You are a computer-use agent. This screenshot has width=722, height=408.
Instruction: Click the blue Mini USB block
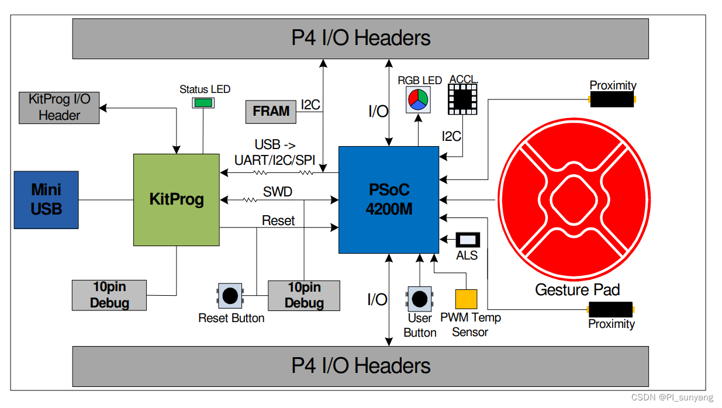tap(46, 199)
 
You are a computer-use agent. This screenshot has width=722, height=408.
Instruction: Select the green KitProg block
tap(177, 200)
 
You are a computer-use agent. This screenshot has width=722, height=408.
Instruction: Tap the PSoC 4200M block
tap(389, 199)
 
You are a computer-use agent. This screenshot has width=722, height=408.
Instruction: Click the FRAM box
tap(271, 111)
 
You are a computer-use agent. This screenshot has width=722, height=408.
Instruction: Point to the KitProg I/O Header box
tap(59, 107)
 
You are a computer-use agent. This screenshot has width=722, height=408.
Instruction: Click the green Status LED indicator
tap(203, 103)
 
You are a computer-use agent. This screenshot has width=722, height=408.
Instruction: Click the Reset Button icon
tap(230, 296)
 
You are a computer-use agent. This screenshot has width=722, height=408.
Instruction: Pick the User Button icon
tap(420, 299)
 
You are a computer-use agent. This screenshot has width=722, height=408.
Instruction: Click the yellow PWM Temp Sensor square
tap(466, 299)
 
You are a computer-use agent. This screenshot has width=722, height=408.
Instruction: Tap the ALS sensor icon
tap(467, 240)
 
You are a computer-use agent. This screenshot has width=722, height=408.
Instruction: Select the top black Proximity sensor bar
tap(612, 99)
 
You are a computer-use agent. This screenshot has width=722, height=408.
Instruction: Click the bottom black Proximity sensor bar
tap(612, 309)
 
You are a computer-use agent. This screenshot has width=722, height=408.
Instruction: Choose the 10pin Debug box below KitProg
tap(109, 295)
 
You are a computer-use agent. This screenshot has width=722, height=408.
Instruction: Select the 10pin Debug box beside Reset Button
tap(304, 295)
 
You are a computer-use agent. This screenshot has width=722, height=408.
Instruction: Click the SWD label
tap(278, 192)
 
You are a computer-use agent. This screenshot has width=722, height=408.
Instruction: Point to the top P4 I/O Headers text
tap(361, 38)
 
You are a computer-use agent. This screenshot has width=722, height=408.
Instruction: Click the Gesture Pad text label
tap(577, 289)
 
